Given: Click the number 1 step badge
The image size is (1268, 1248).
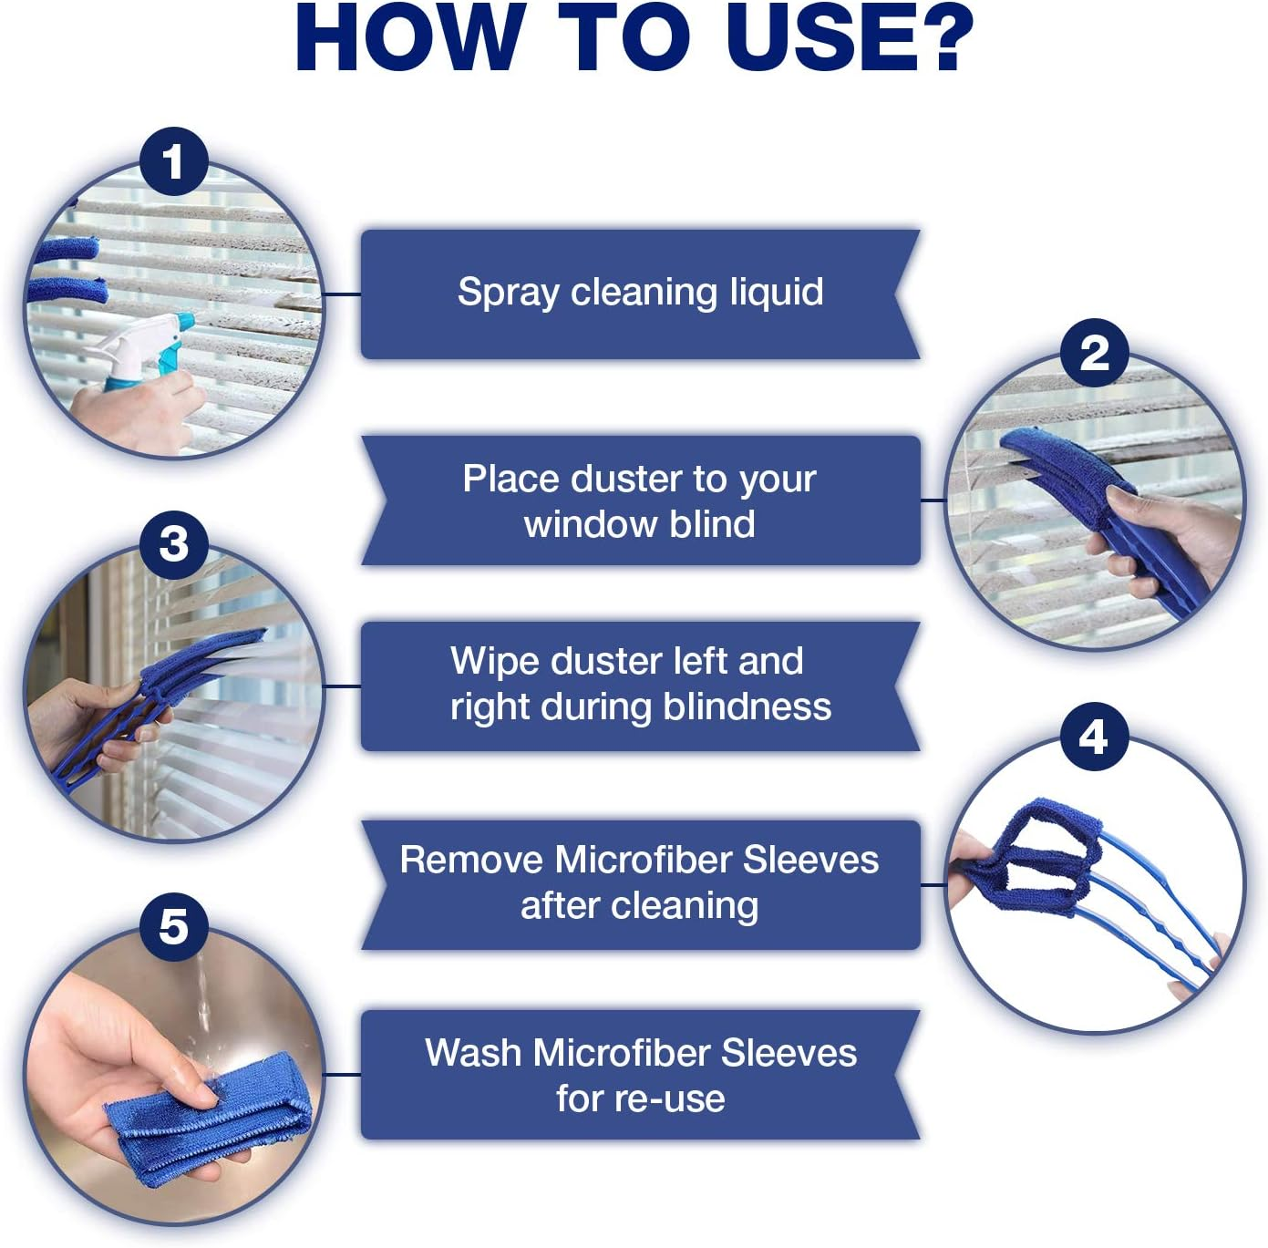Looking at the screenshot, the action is click(x=174, y=162).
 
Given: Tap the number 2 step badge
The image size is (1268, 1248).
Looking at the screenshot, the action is click(x=1094, y=354).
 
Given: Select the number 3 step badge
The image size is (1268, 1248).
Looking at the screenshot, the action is click(x=174, y=545).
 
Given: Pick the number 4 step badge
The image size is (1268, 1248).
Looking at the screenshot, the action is click(x=1094, y=737).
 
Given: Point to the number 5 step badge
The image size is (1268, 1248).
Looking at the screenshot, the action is click(x=174, y=927).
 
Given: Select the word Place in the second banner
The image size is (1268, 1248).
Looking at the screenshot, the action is click(x=510, y=479).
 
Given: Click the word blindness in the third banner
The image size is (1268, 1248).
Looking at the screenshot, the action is click(x=747, y=707).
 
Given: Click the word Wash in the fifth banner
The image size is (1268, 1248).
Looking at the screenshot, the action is click(x=473, y=1053).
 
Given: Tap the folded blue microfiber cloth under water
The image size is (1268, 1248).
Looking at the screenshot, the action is click(x=207, y=1119).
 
